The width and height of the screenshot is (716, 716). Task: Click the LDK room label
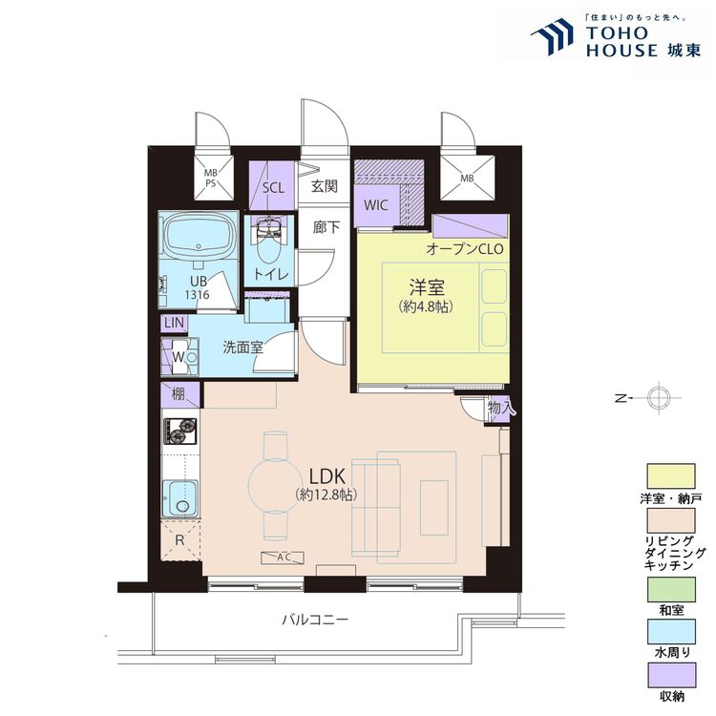coord(326,476)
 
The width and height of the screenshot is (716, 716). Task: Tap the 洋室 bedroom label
coord(427,287)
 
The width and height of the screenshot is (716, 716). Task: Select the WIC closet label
coord(376,205)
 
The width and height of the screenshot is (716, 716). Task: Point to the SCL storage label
coord(273,188)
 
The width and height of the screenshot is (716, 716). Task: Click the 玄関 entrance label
coord(325,186)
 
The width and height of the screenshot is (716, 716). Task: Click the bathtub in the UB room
coord(199,238)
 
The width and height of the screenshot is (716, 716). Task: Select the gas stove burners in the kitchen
coord(180,432)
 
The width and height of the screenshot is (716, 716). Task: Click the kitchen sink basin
coord(181,498)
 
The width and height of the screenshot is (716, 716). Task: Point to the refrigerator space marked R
coord(180,540)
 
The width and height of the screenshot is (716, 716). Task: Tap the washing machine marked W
coord(179,357)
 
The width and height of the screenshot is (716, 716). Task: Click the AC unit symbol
coord(283,558)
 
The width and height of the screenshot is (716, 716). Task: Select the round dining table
coord(275,485)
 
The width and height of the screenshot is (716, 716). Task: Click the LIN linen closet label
coord(174,323)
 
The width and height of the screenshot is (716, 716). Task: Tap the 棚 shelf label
coord(179,393)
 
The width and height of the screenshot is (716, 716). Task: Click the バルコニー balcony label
coord(315,620)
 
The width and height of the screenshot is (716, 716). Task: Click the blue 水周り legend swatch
coord(671,632)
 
